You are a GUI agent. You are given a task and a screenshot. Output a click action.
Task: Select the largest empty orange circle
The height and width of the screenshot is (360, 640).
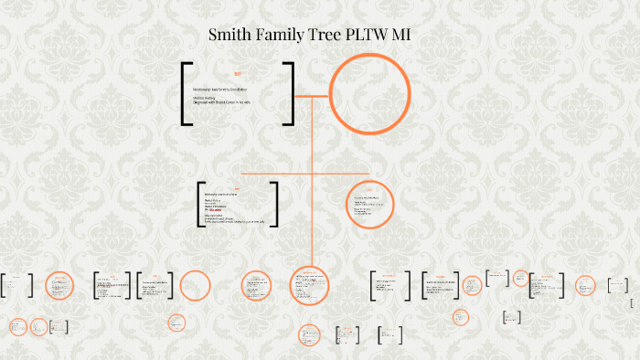[x=364, y=94]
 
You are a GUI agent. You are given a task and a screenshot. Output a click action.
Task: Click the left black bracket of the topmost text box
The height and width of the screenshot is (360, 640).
[x=185, y=93]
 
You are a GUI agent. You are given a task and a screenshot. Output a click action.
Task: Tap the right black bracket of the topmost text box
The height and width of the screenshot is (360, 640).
[x=291, y=93]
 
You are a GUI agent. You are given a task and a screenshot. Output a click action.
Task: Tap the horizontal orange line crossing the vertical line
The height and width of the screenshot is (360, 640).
[x=274, y=172]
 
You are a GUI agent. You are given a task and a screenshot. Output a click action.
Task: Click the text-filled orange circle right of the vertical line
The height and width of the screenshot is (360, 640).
[x=370, y=204]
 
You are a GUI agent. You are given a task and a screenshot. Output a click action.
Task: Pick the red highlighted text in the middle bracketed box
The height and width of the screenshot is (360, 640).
[x=215, y=209]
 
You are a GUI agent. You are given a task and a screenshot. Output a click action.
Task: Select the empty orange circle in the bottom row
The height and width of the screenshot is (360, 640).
[x=195, y=286]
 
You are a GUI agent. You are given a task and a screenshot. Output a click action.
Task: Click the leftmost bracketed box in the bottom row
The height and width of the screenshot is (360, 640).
[x=16, y=285]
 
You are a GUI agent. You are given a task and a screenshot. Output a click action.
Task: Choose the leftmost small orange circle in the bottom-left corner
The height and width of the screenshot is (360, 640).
[x=16, y=325]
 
